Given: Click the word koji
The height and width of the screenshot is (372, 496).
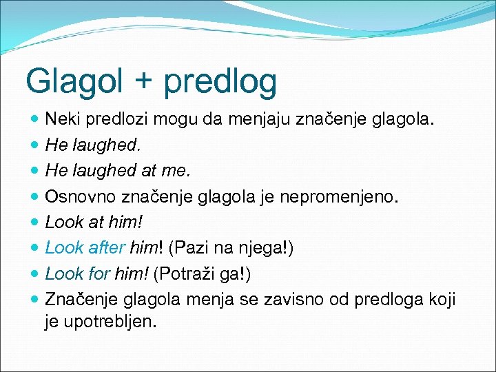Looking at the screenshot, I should tap(441, 299).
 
